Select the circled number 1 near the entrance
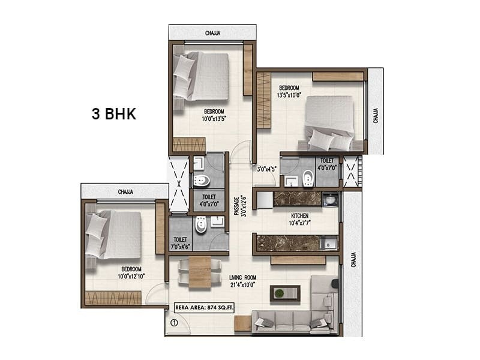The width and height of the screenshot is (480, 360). [x=173, y=322]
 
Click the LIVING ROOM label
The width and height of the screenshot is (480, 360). [x=243, y=277]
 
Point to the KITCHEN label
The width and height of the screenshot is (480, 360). [x=300, y=215]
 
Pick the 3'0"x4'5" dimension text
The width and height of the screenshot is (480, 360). [x=266, y=169]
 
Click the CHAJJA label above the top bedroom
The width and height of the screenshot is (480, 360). [x=212, y=34]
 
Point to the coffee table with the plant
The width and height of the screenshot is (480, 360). [x=279, y=292]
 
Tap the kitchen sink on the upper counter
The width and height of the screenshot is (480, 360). [x=330, y=200]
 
